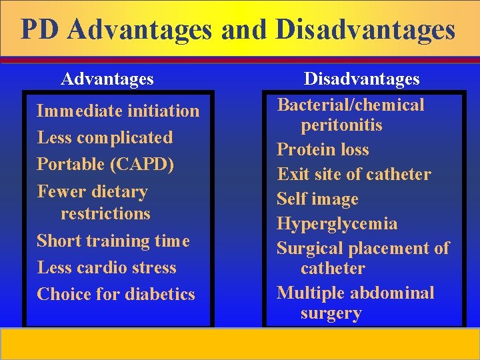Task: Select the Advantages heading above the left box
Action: pos(107,79)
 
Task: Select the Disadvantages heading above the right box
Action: pos(362,79)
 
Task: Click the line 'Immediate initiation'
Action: pos(118,111)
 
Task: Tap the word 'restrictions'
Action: pos(105,214)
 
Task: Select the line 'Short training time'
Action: pos(113,241)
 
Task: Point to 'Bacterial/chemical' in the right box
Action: pos(351,105)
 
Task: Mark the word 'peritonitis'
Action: pos(341,125)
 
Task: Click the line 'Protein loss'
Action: pos(323,150)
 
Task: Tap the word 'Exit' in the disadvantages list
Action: pos(291,175)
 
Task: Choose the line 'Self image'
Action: pos(317,199)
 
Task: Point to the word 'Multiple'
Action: pos(309,293)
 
